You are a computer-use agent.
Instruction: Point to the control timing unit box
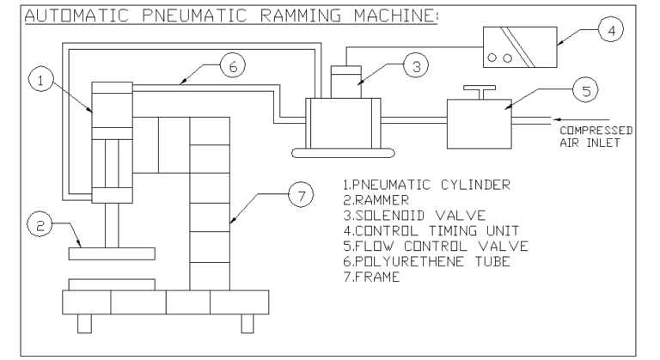tap(517, 46)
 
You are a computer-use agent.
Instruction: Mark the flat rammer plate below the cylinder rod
tap(113, 253)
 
